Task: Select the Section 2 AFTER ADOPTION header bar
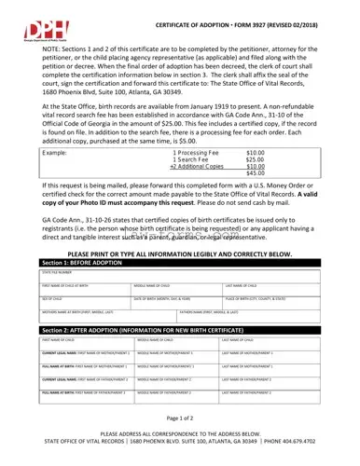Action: click(179, 331)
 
